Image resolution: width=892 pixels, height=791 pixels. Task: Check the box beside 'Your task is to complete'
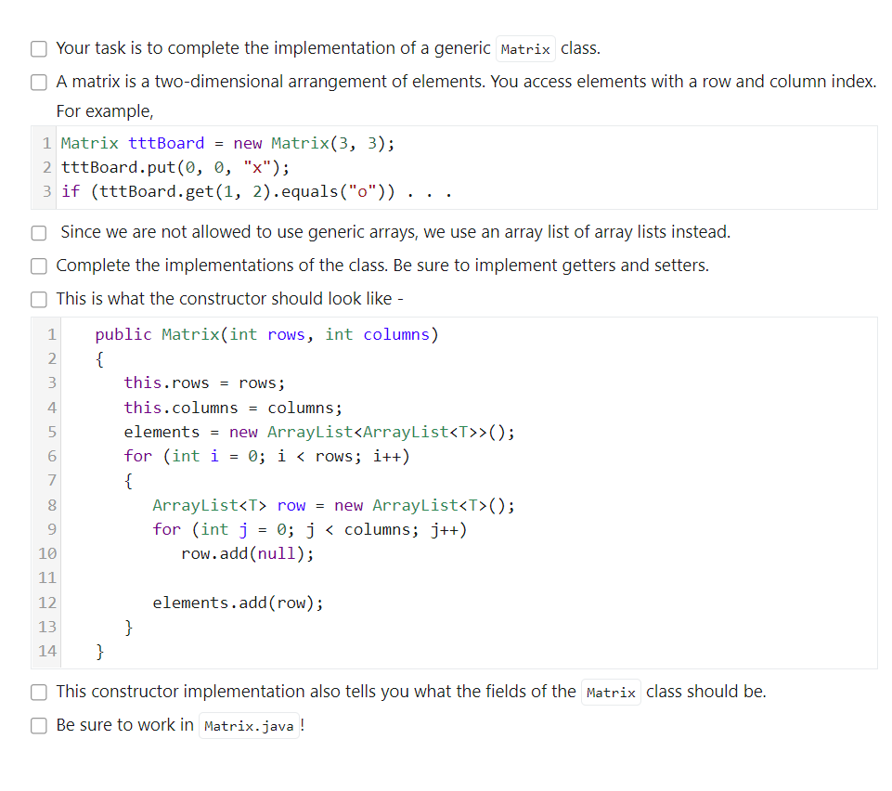(39, 48)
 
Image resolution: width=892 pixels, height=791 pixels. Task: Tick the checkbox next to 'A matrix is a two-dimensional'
(39, 82)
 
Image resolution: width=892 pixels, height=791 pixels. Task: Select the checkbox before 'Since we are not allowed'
(39, 232)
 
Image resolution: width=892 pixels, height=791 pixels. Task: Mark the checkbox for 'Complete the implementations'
(39, 266)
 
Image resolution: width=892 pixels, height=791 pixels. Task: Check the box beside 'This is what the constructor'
(39, 299)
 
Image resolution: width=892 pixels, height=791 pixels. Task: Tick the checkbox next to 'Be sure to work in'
(39, 725)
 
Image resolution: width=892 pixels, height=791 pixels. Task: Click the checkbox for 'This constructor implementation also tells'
(39, 692)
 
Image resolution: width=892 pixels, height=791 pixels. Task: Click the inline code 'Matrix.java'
(248, 726)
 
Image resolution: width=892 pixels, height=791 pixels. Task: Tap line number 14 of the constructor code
(46, 651)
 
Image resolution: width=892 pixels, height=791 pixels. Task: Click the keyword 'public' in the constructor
(123, 334)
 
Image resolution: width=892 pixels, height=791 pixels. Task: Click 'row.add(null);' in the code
(247, 553)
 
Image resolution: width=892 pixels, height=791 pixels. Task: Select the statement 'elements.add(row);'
(239, 603)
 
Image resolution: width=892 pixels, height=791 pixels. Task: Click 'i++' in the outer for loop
(388, 456)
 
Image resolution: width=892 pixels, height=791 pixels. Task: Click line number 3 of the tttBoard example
(47, 192)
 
